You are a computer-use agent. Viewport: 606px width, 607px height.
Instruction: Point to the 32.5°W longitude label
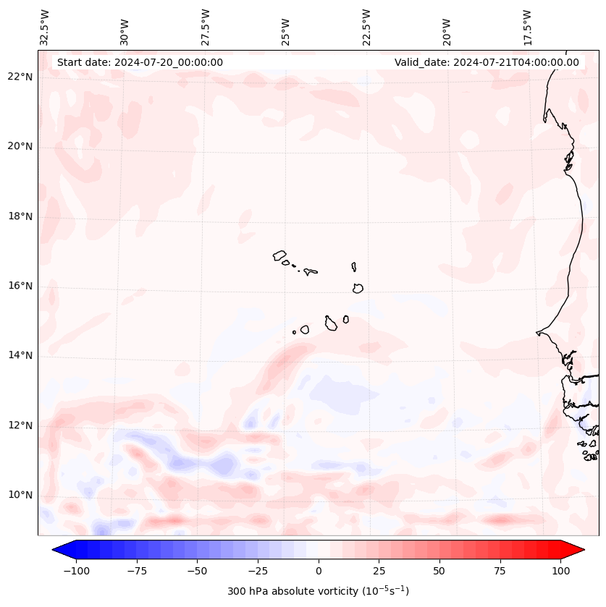coord(45,27)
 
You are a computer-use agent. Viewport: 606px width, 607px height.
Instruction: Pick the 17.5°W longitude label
coord(527,27)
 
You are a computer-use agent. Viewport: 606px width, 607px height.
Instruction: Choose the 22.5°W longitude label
coord(366,27)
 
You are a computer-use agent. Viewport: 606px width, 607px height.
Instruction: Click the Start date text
coord(140,62)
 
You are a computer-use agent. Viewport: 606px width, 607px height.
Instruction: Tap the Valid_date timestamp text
coord(487,62)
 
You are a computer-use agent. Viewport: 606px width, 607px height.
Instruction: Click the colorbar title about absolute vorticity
coord(318,591)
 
